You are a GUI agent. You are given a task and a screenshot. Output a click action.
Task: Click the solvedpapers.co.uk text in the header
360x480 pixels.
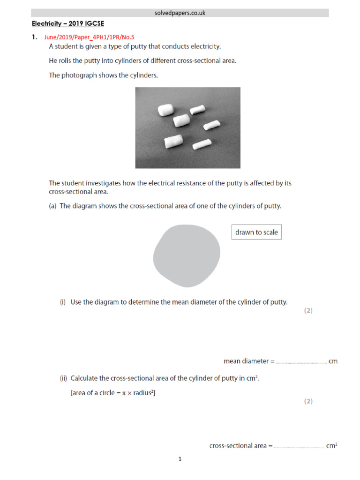point(180,13)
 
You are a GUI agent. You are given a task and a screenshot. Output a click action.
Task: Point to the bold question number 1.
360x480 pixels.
point(34,37)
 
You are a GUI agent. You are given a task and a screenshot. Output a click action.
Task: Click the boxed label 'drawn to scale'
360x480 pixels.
point(256,232)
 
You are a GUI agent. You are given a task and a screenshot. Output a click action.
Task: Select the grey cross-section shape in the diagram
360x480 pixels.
point(187,256)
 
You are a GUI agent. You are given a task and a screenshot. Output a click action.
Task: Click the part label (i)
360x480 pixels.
point(63,302)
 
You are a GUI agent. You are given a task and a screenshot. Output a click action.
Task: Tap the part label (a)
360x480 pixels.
point(53,206)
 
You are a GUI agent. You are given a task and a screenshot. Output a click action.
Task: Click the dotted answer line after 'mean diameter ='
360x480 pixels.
point(301,362)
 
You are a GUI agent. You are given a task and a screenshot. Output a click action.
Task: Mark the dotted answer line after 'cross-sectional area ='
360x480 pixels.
point(299,447)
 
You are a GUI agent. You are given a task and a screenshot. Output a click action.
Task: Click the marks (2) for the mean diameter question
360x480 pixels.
point(308,310)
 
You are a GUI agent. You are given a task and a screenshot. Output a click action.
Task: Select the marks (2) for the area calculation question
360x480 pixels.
point(308,401)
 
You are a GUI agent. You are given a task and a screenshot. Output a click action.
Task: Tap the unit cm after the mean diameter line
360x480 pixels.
point(333,361)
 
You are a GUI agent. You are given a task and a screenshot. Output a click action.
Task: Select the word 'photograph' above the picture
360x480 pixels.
point(79,75)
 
